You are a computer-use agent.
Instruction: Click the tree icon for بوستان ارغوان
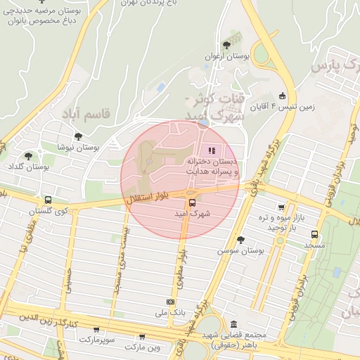[x=225, y=45]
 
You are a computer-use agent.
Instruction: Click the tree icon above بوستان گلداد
[x=28, y=156]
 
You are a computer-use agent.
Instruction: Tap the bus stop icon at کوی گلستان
[x=47, y=200]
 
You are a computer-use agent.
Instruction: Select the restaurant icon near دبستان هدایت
[x=212, y=150]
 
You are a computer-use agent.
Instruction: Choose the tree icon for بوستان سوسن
[x=240, y=239]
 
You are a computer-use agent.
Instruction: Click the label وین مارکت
[x=143, y=347]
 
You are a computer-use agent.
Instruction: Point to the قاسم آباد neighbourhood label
[x=86, y=112]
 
